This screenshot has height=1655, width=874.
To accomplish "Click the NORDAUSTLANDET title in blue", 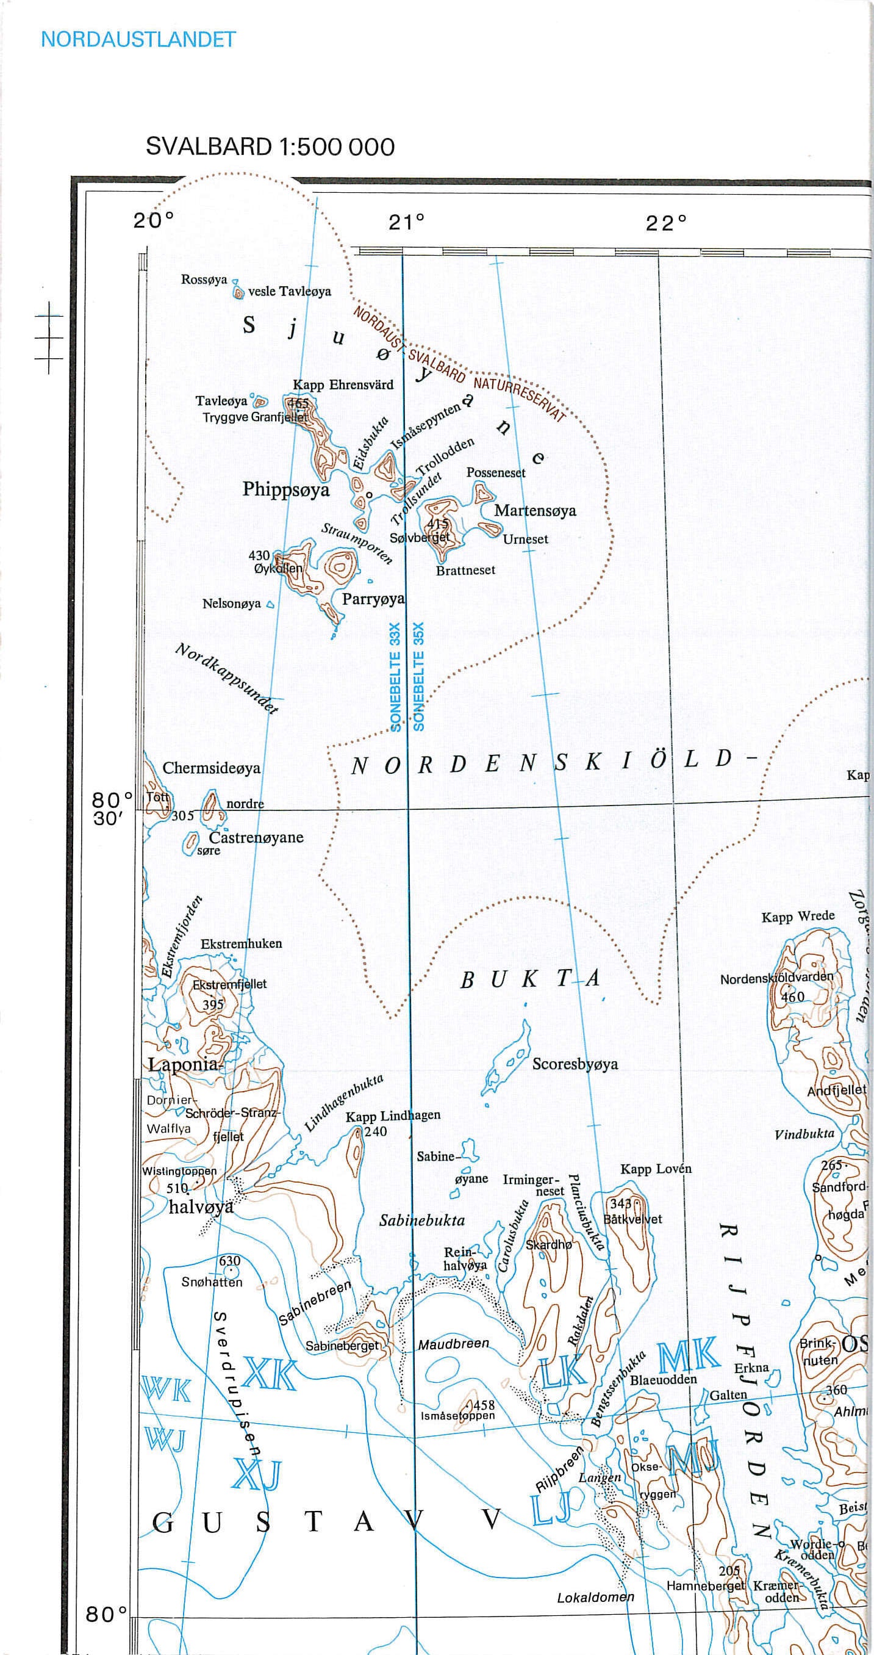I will point(138,40).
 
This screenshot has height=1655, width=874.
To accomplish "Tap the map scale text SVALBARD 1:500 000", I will point(270,147).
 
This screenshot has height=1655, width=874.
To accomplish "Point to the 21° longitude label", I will point(406,222).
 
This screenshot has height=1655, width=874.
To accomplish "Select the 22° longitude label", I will point(666,223).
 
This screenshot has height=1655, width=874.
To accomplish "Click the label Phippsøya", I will point(286,489).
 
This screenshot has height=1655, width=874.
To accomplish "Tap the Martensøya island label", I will point(535,511).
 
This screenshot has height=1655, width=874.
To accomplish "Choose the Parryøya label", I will point(373,599).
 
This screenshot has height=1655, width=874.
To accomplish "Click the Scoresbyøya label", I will point(575,1064).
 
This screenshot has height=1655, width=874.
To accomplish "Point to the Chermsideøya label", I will point(211,768).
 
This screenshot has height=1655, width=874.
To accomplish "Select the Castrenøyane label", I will point(256,838).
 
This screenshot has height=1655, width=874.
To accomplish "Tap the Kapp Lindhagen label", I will point(393,1116).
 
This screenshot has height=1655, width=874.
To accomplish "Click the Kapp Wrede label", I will point(798,917).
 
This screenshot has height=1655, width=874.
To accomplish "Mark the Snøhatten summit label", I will point(212,1282).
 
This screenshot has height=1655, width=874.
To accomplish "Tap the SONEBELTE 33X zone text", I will point(395,676).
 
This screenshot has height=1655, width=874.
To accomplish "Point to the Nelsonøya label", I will point(231,604).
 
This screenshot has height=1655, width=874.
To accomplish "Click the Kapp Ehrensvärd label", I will point(343,385).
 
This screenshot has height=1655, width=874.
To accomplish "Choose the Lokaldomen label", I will point(595,1597).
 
